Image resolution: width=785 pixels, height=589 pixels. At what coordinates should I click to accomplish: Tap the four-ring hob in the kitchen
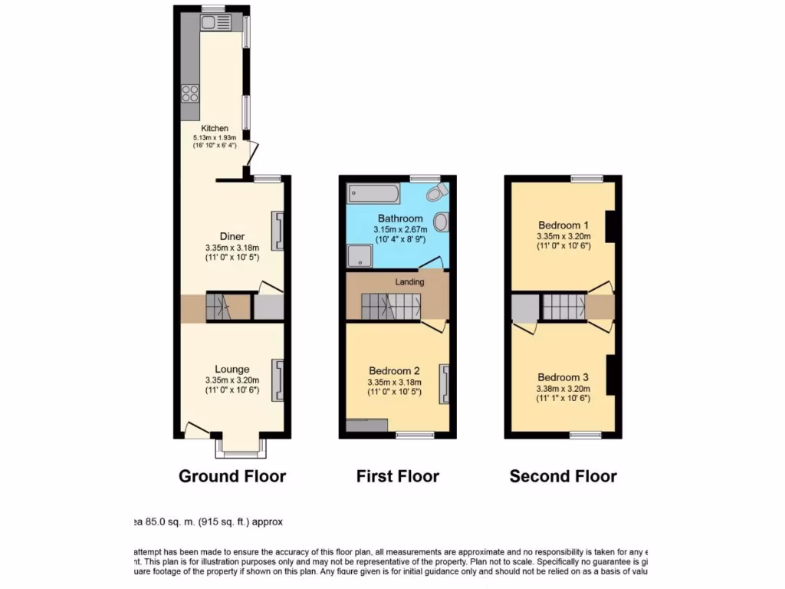[190, 93]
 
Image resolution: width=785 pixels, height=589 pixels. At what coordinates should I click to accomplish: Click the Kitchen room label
[215, 128]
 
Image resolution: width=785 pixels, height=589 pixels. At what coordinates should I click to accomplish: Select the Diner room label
[232, 236]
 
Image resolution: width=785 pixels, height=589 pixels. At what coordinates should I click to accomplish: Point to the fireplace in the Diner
[278, 232]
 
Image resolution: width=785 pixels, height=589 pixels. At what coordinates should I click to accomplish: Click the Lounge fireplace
[278, 380]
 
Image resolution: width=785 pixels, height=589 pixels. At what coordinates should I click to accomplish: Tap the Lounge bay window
[241, 447]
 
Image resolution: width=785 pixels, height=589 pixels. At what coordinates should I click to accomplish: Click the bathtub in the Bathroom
[373, 192]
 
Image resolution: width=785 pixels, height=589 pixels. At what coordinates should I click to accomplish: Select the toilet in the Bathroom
[438, 191]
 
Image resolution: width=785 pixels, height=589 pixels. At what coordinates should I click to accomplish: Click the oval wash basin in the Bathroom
[441, 223]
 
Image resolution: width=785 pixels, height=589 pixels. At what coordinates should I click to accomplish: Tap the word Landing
[409, 282]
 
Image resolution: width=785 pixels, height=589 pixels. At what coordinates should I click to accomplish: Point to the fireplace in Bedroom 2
[443, 383]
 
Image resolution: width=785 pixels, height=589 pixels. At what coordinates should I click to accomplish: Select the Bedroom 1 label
[563, 225]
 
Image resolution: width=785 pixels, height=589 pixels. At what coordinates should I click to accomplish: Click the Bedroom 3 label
[563, 377]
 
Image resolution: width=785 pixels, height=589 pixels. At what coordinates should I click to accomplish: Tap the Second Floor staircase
[564, 308]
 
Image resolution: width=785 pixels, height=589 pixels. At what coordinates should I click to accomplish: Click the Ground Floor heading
[232, 476]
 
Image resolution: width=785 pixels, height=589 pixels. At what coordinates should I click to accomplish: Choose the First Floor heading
[397, 476]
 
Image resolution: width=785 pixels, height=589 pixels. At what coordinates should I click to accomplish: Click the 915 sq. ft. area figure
[219, 522]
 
